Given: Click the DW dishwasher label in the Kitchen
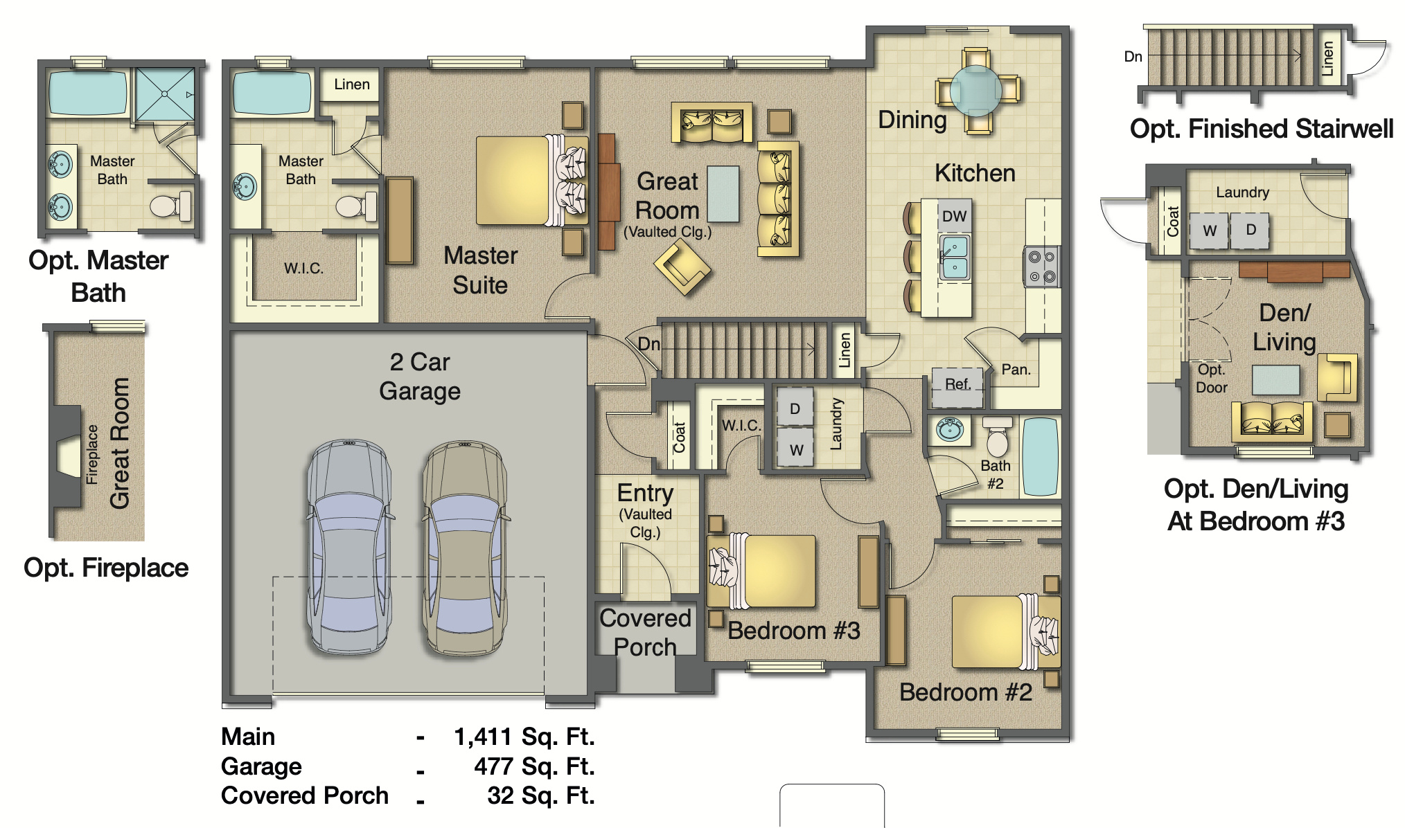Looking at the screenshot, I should click(954, 216).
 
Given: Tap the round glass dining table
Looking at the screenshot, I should click(975, 90).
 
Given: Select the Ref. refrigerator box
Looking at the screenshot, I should click(957, 385).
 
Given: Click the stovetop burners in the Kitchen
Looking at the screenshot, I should click(1041, 267).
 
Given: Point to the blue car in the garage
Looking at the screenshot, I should click(349, 547).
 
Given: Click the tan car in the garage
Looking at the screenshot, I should click(465, 547).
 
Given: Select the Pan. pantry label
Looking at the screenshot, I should click(1016, 370).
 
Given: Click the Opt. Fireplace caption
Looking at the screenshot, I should click(106, 568).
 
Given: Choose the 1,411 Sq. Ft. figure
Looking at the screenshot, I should click(524, 737).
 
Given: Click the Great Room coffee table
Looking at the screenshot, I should click(723, 194).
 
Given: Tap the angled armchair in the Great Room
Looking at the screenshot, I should click(682, 269).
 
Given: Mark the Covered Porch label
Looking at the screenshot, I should click(645, 632).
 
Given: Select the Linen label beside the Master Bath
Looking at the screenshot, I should click(351, 84).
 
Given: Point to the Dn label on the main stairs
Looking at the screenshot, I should click(648, 344).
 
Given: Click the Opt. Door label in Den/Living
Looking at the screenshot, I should click(1211, 379).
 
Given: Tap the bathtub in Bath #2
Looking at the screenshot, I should click(1040, 456).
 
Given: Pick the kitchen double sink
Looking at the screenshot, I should click(954, 257).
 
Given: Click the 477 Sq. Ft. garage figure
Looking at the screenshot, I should click(533, 766).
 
